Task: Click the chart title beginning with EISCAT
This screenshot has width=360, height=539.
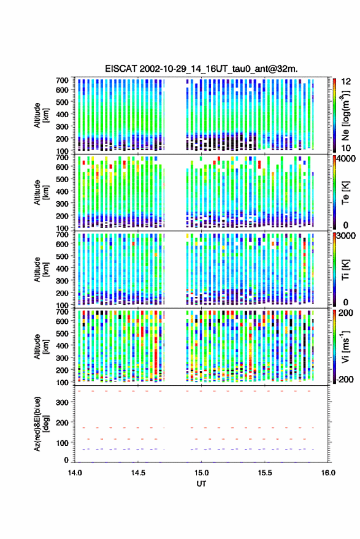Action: tap(201, 69)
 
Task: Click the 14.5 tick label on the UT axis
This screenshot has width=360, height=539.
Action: tap(138, 473)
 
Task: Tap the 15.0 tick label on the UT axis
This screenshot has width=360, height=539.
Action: tap(201, 473)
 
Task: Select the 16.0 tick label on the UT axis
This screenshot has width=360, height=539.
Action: tap(328, 473)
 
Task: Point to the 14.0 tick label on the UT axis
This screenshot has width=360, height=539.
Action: tap(75, 473)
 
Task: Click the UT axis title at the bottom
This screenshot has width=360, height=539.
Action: tap(201, 484)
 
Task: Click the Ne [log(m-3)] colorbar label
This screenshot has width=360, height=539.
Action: tap(346, 115)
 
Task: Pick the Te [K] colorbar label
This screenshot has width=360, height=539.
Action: tap(345, 193)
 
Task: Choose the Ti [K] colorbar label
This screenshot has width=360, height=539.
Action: tap(345, 270)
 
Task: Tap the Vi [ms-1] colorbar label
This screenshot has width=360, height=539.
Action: tap(346, 346)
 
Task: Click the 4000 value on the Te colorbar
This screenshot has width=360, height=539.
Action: tap(346, 159)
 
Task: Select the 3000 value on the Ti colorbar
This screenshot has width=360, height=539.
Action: tap(346, 236)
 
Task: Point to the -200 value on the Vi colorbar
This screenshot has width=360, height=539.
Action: tap(345, 379)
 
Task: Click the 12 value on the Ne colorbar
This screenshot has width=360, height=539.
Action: tap(346, 82)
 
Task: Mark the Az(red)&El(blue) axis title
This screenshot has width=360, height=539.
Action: tap(41, 424)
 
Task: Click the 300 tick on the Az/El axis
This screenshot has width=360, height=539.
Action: tap(62, 402)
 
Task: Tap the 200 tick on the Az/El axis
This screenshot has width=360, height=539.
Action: tap(62, 422)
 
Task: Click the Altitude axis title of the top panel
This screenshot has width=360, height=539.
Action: tap(41, 115)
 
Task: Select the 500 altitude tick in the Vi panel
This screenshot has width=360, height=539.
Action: tap(62, 333)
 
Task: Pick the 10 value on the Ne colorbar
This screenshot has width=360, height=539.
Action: tap(346, 148)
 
